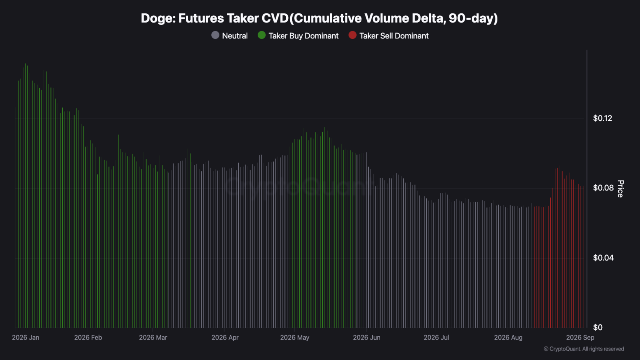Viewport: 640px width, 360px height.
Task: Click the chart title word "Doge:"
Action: (158, 19)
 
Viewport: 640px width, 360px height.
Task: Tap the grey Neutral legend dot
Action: (215, 35)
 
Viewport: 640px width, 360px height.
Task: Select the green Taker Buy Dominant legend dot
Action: (261, 35)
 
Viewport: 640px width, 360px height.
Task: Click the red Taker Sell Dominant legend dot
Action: (353, 35)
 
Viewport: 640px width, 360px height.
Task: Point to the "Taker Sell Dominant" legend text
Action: (394, 36)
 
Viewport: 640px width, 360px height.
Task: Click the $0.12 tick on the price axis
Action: (603, 118)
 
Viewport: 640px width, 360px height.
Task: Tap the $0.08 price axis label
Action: (603, 188)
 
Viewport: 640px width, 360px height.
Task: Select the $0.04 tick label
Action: (603, 258)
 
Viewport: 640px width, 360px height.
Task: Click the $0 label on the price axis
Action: (598, 327)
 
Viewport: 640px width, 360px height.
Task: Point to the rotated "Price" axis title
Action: (620, 189)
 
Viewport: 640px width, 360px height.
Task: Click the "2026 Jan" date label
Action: (25, 337)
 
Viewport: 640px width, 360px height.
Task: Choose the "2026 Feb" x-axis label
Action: (88, 337)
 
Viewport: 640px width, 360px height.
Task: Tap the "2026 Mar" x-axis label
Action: (153, 337)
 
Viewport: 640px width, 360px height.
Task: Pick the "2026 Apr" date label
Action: (225, 337)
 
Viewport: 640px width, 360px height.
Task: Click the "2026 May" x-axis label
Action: (295, 337)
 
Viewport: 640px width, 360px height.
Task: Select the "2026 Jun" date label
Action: (367, 337)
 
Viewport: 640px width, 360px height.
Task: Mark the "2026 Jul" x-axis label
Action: (436, 337)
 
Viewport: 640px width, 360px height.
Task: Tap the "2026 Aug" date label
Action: (508, 337)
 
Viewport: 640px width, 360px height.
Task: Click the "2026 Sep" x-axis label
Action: (580, 337)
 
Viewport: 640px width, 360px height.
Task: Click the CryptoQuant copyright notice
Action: (584, 349)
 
